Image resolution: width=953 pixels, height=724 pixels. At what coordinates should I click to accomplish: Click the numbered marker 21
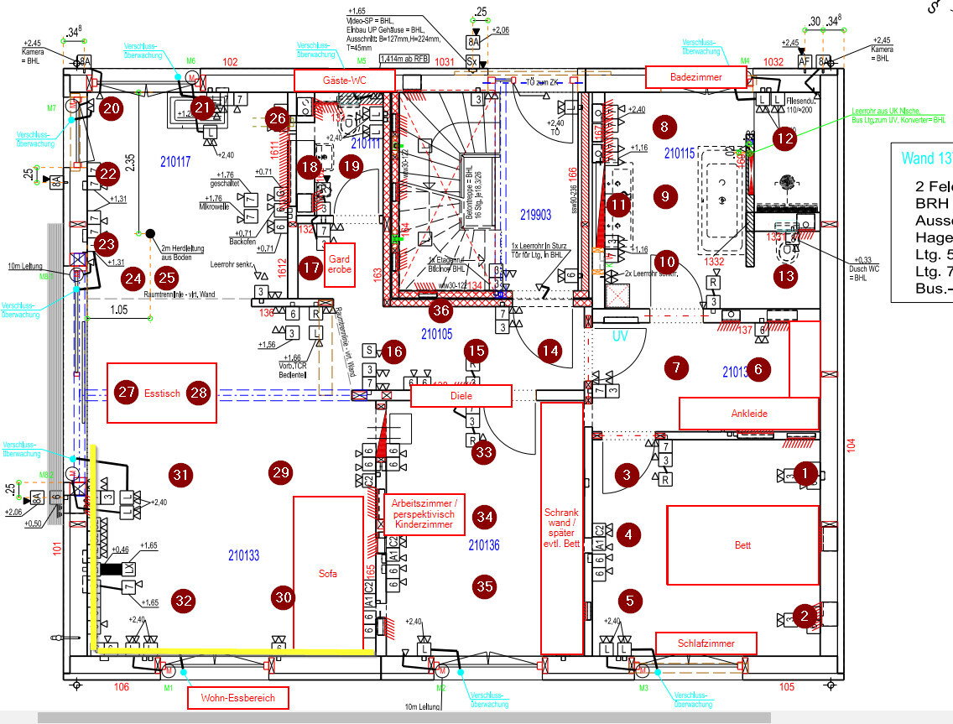202,107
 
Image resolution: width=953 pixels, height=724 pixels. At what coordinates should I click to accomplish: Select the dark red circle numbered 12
785,139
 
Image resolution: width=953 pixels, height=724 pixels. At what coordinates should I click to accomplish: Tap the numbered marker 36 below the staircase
440,311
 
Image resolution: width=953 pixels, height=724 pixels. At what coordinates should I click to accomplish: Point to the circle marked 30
285,597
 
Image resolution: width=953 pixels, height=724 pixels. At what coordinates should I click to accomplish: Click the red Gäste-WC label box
343,80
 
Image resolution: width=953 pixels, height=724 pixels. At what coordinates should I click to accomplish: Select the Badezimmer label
695,76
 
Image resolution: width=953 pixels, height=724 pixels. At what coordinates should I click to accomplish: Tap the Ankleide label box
748,413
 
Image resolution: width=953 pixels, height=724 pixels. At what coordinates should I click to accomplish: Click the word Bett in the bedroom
742,545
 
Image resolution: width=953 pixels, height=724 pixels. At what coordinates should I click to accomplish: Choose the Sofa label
328,574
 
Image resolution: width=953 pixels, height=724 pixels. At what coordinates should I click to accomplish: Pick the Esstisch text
162,392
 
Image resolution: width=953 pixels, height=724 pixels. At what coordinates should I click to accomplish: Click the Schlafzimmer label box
706,643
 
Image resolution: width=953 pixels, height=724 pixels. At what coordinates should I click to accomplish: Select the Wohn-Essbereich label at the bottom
237,698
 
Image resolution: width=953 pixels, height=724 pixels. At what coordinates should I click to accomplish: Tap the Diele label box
461,396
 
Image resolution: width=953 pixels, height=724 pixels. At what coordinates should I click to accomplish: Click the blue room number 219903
535,215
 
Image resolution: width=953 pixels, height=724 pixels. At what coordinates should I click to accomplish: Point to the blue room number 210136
483,545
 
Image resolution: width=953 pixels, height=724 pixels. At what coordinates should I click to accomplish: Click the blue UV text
620,336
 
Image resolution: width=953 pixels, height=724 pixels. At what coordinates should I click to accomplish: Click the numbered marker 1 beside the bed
805,474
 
